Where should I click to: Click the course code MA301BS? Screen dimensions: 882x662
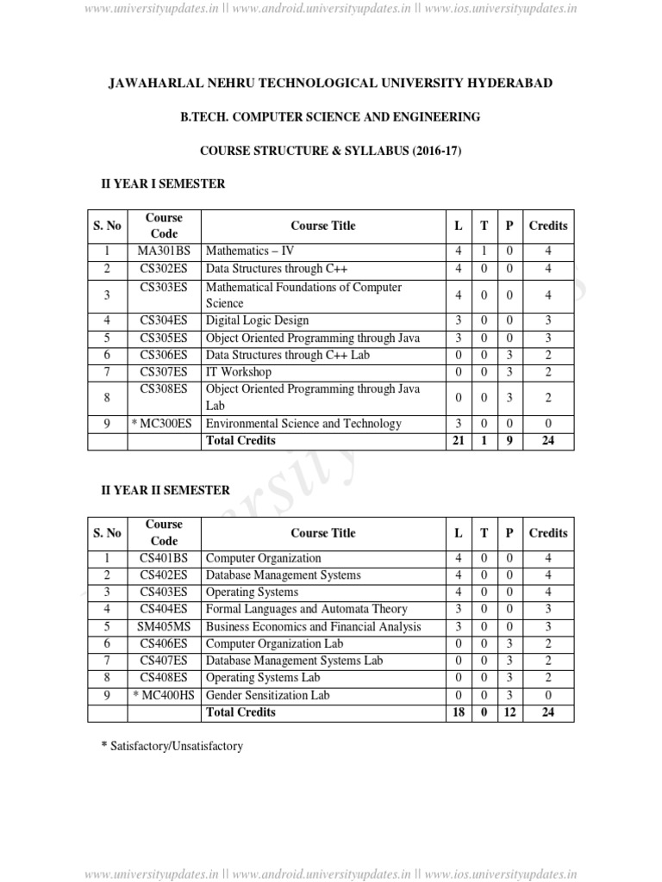tap(164, 251)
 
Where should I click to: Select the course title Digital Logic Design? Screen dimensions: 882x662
tap(257, 320)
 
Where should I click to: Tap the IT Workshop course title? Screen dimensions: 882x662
tap(239, 372)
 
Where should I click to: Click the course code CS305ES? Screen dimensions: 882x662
tap(164, 338)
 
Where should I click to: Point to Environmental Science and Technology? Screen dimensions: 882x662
tap(303, 423)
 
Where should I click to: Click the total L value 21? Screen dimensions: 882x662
tap(458, 440)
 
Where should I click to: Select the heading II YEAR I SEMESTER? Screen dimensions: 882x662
tap(164, 183)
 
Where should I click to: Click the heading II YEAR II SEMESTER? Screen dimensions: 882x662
tap(165, 490)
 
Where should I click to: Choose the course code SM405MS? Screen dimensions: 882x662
tap(164, 626)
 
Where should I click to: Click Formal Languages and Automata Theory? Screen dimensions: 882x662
tap(307, 609)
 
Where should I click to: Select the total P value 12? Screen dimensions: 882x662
tap(509, 712)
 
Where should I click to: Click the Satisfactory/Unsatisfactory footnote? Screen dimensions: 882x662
tap(172, 746)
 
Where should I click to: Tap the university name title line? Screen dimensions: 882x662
tap(330, 83)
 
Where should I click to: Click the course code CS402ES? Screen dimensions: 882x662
tap(164, 575)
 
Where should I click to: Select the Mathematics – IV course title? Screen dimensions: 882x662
tap(250, 251)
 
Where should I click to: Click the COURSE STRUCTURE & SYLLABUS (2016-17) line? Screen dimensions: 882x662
tap(330, 150)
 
